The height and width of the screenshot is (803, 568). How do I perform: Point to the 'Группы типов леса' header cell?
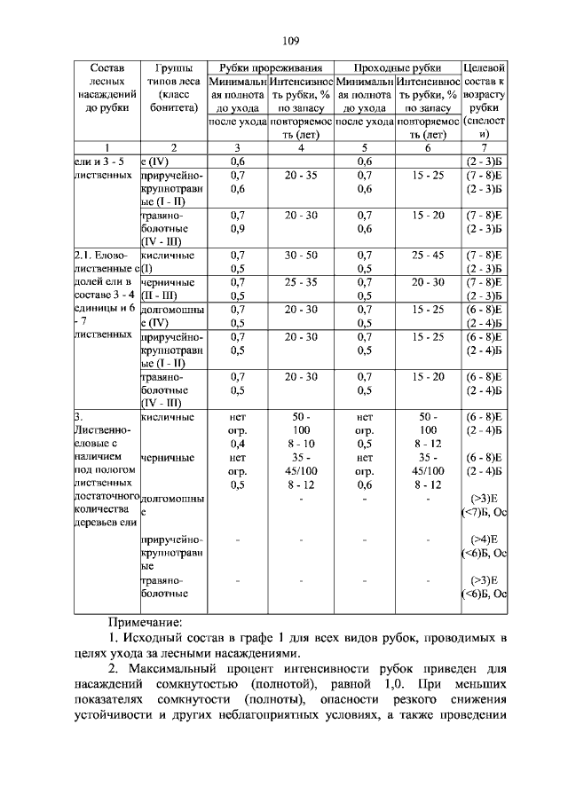(x=173, y=87)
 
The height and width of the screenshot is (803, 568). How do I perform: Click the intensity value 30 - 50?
(x=301, y=255)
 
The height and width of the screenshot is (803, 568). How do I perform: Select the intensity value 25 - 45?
(x=429, y=255)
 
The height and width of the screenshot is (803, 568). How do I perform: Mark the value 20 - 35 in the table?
(x=301, y=175)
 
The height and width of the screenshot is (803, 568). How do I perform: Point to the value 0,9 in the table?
(x=237, y=228)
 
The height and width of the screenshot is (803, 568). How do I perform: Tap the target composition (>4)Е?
(x=485, y=539)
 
